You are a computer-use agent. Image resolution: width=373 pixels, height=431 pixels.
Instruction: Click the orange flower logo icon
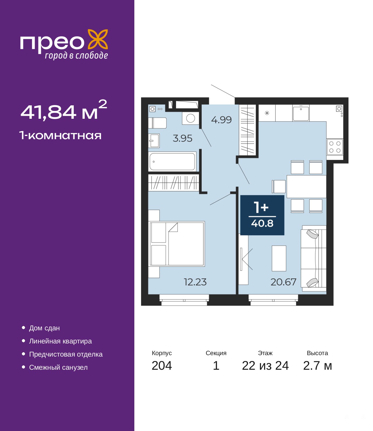(98, 39)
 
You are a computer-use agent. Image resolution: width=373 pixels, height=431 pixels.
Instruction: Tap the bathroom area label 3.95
(182, 138)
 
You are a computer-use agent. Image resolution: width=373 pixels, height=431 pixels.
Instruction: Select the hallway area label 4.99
(221, 120)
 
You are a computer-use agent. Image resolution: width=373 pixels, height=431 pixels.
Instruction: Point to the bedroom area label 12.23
(195, 282)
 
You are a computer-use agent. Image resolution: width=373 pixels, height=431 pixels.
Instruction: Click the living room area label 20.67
(283, 282)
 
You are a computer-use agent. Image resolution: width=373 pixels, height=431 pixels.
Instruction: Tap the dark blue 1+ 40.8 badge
(262, 215)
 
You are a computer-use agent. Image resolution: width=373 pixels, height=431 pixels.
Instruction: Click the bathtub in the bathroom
(173, 162)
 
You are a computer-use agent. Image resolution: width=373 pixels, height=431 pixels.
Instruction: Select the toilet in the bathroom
(157, 123)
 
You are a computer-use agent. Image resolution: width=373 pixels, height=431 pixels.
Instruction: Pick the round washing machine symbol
(190, 118)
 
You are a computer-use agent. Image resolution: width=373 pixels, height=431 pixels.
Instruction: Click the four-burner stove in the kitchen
(335, 147)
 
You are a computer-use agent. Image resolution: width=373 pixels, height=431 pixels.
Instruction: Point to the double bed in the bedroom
(177, 244)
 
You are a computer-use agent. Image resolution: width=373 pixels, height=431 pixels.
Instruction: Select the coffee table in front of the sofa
(279, 258)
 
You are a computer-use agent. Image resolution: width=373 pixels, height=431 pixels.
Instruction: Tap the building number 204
(162, 371)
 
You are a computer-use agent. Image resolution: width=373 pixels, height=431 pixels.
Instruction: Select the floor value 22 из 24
(265, 371)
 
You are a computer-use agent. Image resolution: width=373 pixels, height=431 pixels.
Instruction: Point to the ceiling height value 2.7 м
(317, 371)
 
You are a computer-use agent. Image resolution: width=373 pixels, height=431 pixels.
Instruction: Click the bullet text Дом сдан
(44, 328)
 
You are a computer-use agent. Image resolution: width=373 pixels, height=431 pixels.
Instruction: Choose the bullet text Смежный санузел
(58, 367)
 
